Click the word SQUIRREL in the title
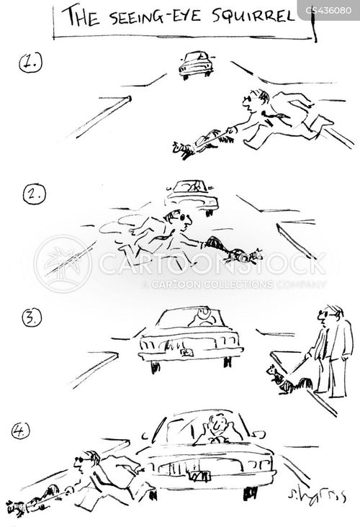tap(253, 16)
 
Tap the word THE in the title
tap(83, 16)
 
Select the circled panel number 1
tap(30, 63)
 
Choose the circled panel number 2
tap(34, 194)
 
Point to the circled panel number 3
tap(32, 318)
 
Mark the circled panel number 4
tap(20, 431)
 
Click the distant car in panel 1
tap(196, 65)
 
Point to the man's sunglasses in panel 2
tap(183, 217)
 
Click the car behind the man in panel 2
tap(192, 197)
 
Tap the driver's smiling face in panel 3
tap(203, 314)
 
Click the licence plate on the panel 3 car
tap(186, 352)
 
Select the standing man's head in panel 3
tap(330, 316)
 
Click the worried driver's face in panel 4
tap(215, 425)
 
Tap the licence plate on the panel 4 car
tap(199, 476)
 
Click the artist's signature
tap(316, 495)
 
